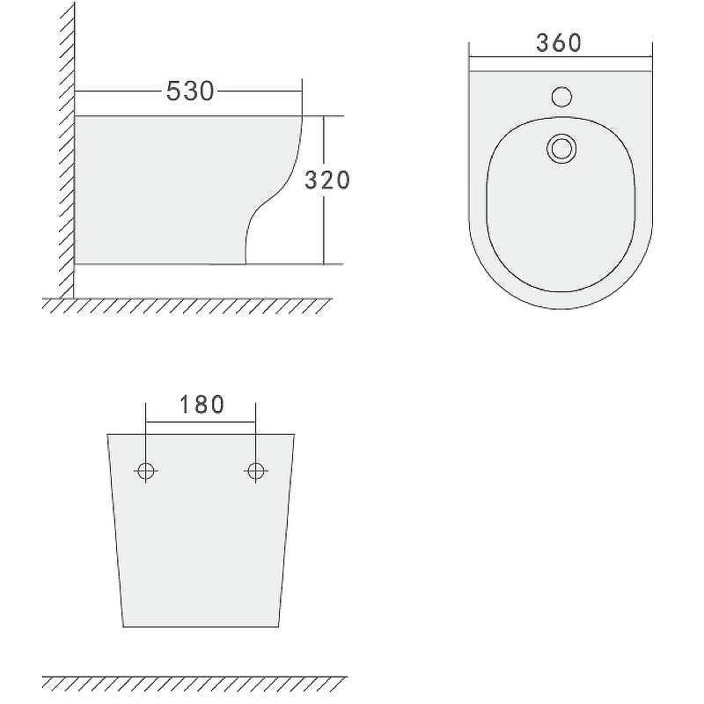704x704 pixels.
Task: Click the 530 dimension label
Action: click(190, 92)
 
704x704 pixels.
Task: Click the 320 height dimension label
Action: click(326, 180)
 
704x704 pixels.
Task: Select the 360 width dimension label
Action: click(559, 43)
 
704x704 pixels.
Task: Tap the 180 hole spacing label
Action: click(202, 405)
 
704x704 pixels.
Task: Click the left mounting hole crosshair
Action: click(146, 471)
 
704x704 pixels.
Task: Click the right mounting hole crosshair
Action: click(256, 471)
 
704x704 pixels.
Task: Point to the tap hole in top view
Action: click(561, 97)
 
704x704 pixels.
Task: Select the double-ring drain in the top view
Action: click(561, 149)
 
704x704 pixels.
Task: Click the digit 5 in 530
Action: click(173, 92)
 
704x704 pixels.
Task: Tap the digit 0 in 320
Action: click(341, 180)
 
